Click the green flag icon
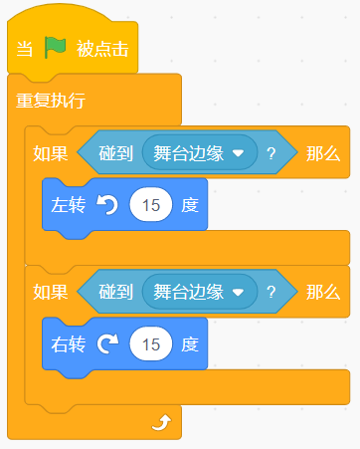(55, 48)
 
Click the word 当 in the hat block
(25, 49)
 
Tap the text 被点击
(102, 49)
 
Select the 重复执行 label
(51, 101)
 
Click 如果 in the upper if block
(51, 153)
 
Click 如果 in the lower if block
(51, 293)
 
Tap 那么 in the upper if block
(323, 153)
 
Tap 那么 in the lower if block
(323, 293)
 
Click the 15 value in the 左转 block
(151, 205)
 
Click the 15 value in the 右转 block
(151, 344)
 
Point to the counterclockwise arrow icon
(107, 205)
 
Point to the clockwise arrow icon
(107, 343)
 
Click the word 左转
(69, 205)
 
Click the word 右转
(69, 344)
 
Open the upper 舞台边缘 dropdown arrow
(238, 153)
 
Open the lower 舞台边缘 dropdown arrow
(238, 293)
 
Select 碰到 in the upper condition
(115, 153)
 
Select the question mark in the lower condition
(271, 293)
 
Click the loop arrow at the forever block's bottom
(162, 423)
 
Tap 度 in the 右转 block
(190, 344)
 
